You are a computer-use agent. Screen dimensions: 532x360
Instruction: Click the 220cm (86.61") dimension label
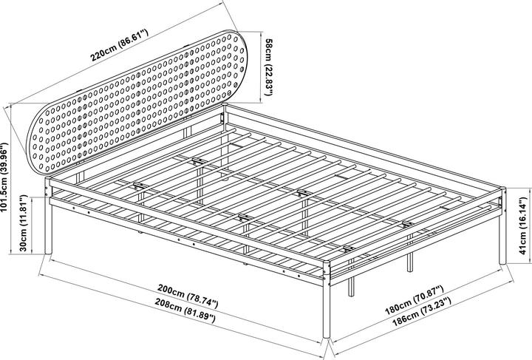pos(120,45)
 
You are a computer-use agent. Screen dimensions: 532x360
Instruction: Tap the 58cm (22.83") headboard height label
pos(269,67)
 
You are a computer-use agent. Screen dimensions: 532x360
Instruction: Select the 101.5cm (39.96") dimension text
pos(4,177)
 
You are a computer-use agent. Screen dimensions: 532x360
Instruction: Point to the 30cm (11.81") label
pos(23,223)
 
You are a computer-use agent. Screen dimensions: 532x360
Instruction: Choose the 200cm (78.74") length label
pos(188,296)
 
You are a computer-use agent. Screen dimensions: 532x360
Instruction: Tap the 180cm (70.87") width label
pos(415,300)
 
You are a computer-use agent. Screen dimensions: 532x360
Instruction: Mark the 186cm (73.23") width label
pos(422,311)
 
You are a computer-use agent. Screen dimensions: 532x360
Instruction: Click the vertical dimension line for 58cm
pos(261,67)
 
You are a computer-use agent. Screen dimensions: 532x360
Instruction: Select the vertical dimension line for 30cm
pos(32,225)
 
